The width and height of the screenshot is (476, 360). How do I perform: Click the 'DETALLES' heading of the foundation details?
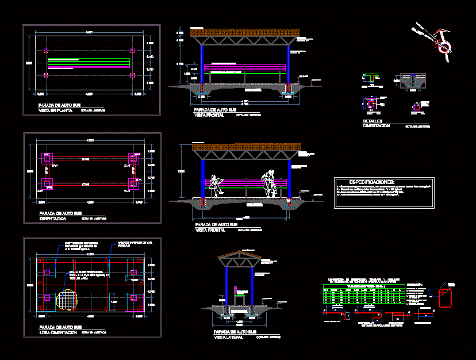pyautogui.click(x=373, y=121)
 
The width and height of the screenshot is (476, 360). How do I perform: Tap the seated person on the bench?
pyautogui.click(x=216, y=185)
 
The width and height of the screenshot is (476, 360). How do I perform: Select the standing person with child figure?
pyautogui.click(x=269, y=184)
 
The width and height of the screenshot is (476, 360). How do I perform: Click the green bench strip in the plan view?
pyautogui.click(x=89, y=63)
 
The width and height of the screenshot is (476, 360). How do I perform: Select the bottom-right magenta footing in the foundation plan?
pyautogui.click(x=135, y=183)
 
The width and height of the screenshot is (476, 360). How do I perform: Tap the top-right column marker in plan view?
pyautogui.click(x=133, y=51)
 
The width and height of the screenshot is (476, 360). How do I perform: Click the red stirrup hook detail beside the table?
pyautogui.click(x=446, y=297)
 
